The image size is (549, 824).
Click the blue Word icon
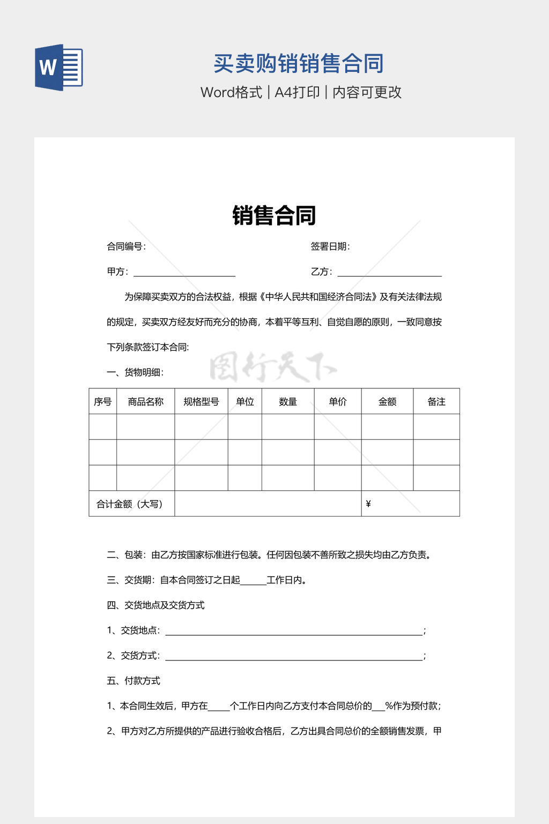coord(58,68)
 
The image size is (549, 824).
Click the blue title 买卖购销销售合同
coord(299,64)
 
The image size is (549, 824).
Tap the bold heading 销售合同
coord(274,216)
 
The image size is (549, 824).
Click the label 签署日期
coord(330,247)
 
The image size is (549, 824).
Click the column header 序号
coord(102,402)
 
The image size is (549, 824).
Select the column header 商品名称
coord(145,402)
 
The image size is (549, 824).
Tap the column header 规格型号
coord(201,402)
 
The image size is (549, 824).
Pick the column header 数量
coord(288,402)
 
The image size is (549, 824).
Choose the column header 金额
coord(387,402)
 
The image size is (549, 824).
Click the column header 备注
coord(436,402)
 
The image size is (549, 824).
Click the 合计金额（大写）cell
coord(129,504)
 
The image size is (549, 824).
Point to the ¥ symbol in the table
coord(368,504)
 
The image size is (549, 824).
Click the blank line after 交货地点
coord(294,631)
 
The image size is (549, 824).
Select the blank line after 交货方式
coord(294,657)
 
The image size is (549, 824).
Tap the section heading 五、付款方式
coord(133,681)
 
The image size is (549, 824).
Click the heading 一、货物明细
coord(135,372)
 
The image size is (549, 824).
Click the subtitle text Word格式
coord(231,92)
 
